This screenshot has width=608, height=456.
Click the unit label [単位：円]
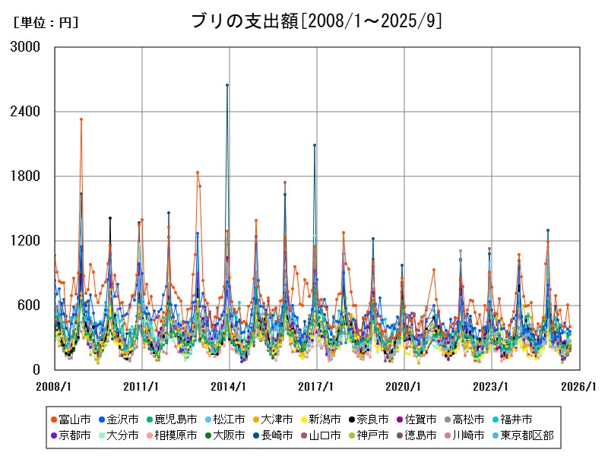click(x=46, y=23)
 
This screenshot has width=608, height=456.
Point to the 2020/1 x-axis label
click(x=404, y=386)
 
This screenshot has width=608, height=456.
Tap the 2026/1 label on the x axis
click(x=579, y=386)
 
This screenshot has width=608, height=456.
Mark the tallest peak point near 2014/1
click(x=227, y=85)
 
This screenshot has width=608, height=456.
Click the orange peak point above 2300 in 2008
click(x=81, y=119)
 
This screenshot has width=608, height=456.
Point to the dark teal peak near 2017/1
click(x=315, y=145)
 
